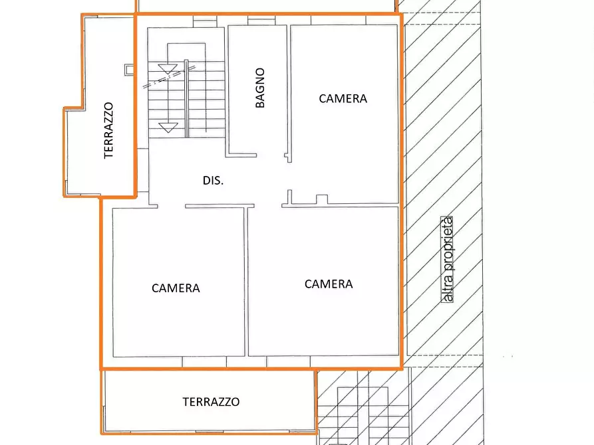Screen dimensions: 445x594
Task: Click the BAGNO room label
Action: (x=260, y=87)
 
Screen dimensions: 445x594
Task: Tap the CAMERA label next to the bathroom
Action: (x=343, y=98)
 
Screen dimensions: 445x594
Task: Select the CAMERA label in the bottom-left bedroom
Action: (x=176, y=288)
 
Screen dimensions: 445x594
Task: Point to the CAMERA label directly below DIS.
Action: (x=329, y=284)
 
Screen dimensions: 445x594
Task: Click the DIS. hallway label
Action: (x=213, y=180)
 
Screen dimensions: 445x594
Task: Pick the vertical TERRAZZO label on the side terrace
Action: (x=109, y=130)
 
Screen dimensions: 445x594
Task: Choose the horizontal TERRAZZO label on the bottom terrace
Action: (x=211, y=402)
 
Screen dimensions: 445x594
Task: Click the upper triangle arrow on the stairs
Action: (x=168, y=68)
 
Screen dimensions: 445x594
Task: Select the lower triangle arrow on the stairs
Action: (x=168, y=127)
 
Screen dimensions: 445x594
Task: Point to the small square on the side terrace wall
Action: (x=128, y=68)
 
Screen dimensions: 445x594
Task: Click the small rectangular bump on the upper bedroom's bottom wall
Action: (x=322, y=199)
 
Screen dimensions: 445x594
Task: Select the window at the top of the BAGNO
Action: (x=257, y=21)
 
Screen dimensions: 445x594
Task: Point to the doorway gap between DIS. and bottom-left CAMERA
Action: (x=171, y=207)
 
